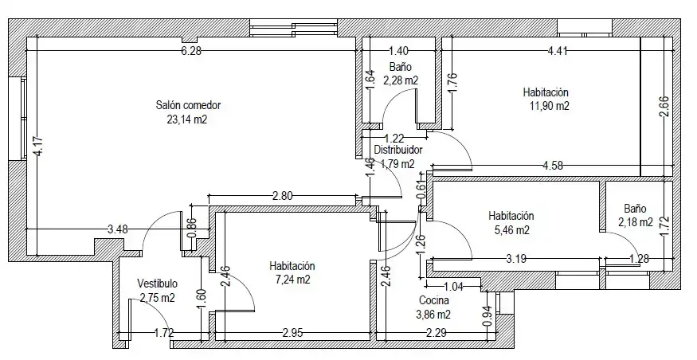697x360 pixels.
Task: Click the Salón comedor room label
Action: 188,106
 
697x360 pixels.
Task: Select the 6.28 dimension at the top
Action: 191,51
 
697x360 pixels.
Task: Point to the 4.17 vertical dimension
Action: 38,146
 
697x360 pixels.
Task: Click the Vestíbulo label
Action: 158,284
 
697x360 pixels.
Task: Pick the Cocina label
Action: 434,301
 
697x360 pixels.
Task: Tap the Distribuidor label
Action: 397,150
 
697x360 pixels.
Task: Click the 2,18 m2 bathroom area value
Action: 636,222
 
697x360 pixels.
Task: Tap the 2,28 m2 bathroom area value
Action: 401,80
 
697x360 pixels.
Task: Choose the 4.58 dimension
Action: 553,166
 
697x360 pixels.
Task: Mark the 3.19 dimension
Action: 516,258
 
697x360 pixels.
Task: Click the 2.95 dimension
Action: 292,333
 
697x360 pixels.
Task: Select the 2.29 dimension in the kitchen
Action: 436,333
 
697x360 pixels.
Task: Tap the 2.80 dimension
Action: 282,196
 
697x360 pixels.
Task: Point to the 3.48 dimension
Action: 118,229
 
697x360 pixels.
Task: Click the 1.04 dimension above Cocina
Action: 453,287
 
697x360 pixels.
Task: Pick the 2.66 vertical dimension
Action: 664,107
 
